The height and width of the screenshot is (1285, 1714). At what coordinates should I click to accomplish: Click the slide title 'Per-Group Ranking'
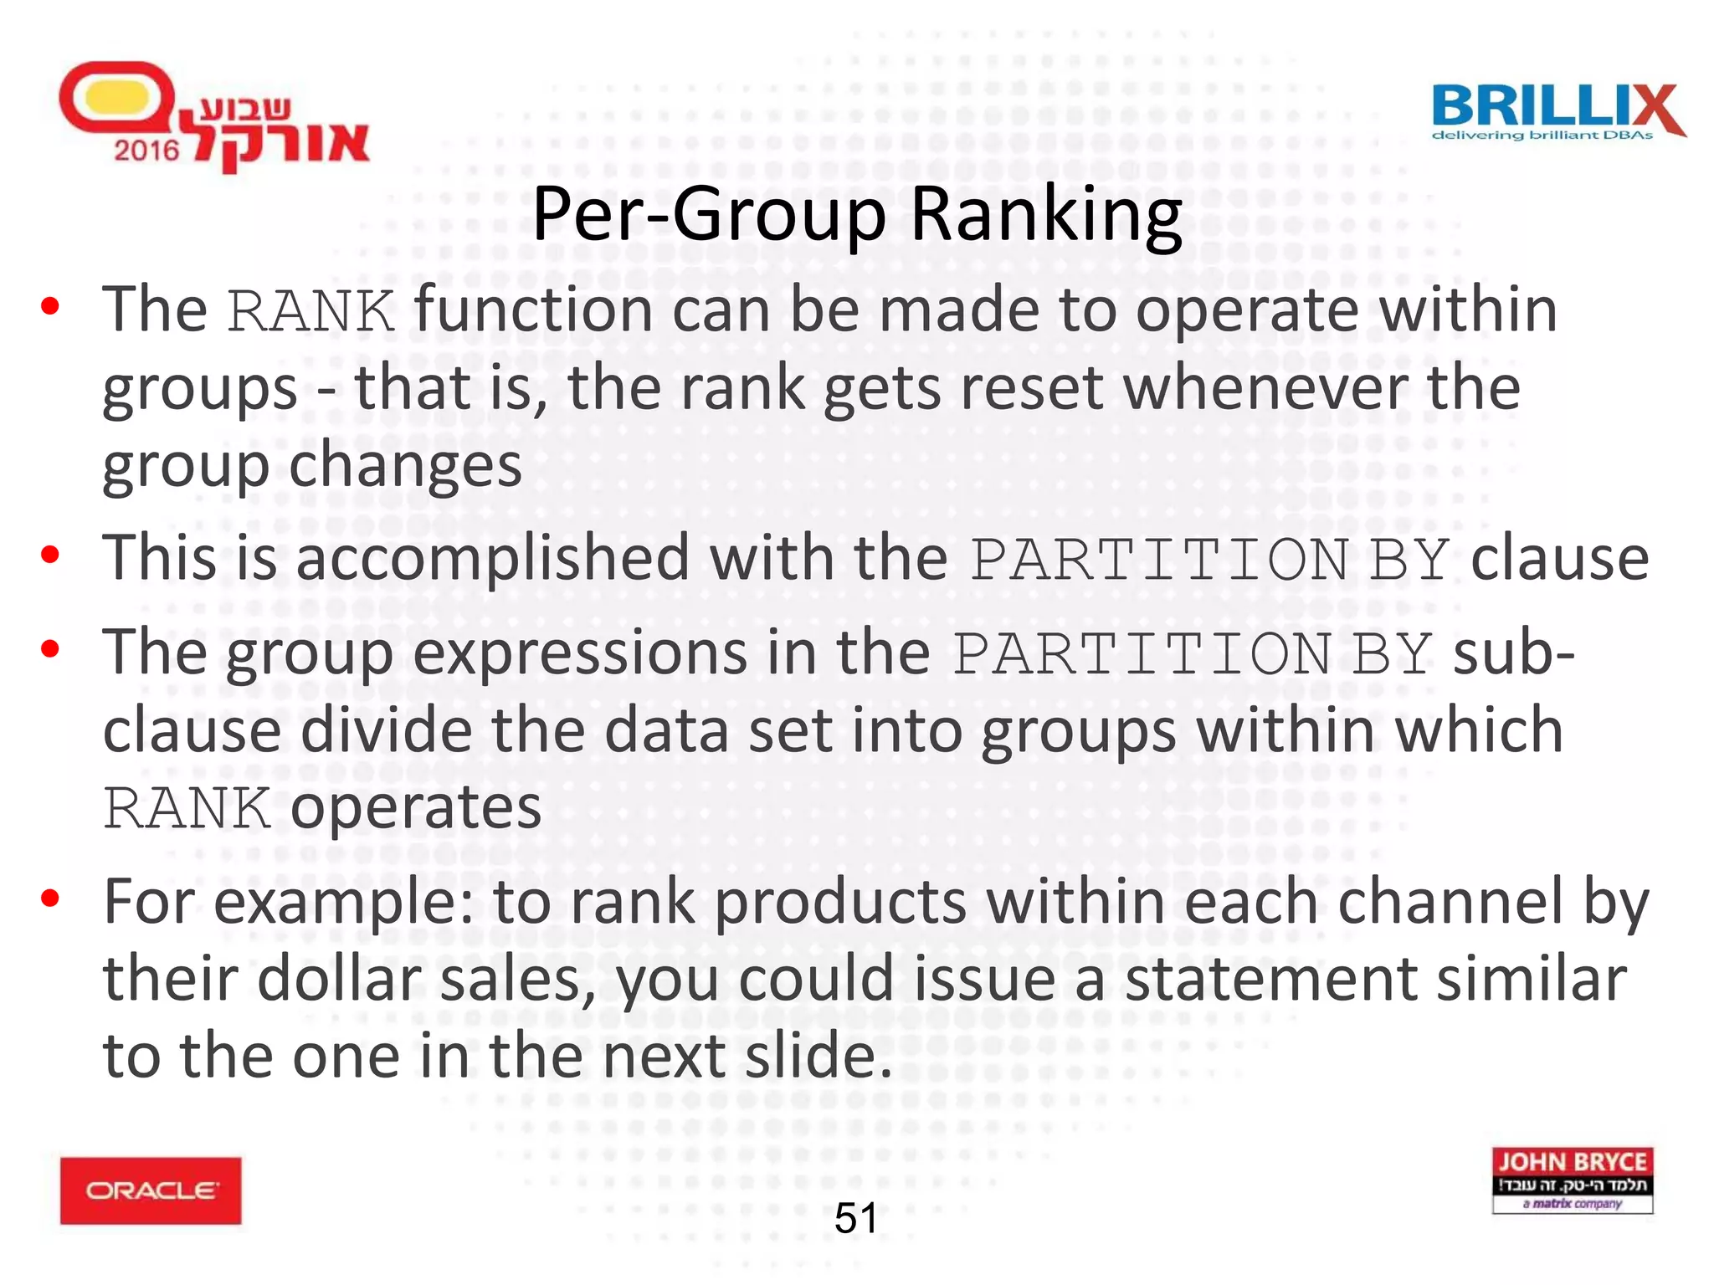click(857, 214)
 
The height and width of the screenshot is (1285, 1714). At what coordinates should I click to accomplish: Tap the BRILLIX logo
click(1557, 110)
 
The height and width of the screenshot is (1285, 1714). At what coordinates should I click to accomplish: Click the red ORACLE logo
click(151, 1190)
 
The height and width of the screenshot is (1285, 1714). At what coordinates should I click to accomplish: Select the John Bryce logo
click(1572, 1180)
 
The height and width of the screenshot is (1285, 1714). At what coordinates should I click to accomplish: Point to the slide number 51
click(855, 1217)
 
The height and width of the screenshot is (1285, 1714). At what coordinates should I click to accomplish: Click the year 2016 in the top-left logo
click(146, 151)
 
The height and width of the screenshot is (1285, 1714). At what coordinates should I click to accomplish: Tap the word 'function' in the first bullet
click(533, 310)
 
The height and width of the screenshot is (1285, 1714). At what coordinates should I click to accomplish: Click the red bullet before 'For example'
click(50, 898)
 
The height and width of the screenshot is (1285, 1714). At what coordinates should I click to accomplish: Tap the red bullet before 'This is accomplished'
click(50, 554)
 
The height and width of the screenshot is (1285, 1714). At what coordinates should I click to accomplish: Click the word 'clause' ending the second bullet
click(1559, 558)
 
